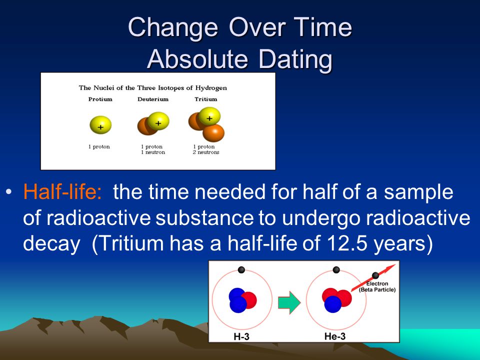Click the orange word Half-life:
point(62,192)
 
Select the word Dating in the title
point(295,59)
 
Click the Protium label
point(100,99)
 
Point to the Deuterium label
point(153,99)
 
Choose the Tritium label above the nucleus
point(205,99)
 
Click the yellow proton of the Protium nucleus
point(100,125)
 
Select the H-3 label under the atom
point(241,336)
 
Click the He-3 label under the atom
point(335,336)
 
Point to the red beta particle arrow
point(373,277)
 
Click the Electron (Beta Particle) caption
point(377,286)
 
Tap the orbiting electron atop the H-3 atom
point(241,269)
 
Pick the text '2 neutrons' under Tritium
point(206,152)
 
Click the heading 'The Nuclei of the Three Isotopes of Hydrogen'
point(153,88)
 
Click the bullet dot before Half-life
point(8,192)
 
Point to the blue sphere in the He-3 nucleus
point(333,304)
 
